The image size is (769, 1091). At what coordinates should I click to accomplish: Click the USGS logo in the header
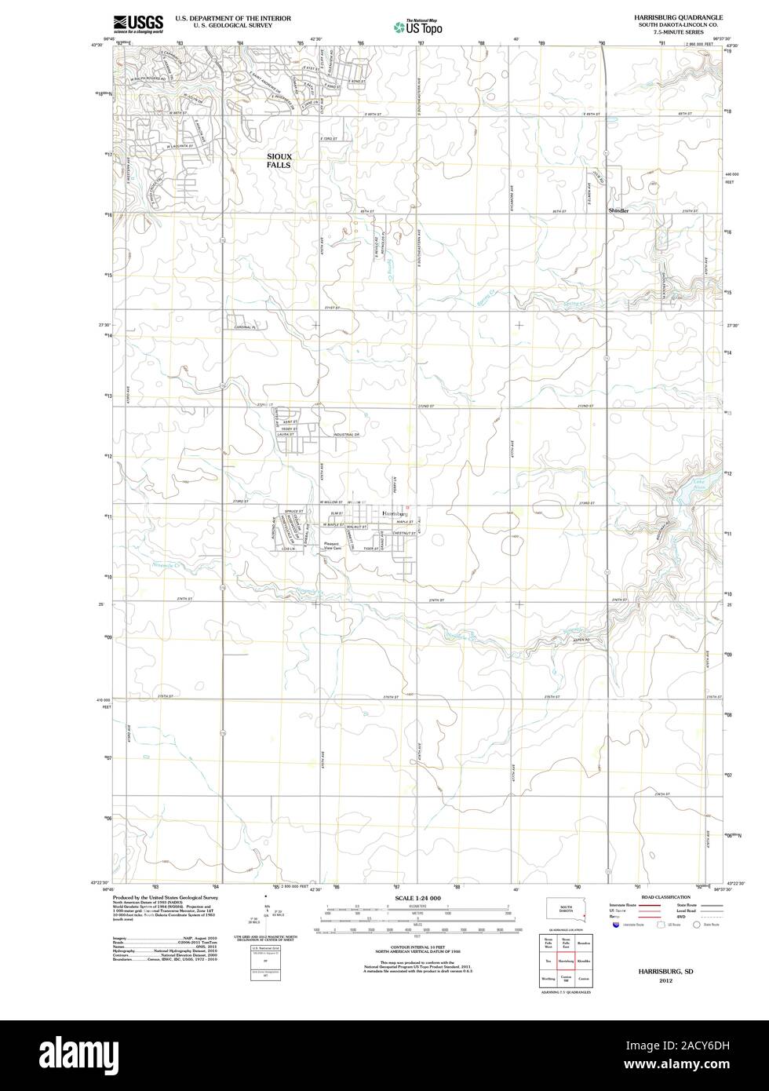pos(138,24)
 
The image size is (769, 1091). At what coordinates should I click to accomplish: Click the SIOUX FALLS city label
pos(279,161)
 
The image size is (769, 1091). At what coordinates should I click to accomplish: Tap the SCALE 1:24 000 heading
pos(417,898)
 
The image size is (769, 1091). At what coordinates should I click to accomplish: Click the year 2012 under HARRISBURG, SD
pos(665,981)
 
